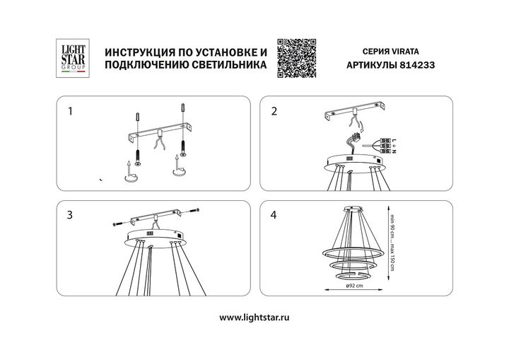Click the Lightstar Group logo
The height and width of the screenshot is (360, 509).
[71, 57]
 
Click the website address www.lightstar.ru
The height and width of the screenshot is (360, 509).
[254, 318]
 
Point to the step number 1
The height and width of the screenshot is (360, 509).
[69, 111]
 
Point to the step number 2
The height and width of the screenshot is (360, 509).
[274, 111]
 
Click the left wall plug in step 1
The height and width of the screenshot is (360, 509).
[137, 117]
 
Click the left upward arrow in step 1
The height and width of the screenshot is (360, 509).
[129, 168]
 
